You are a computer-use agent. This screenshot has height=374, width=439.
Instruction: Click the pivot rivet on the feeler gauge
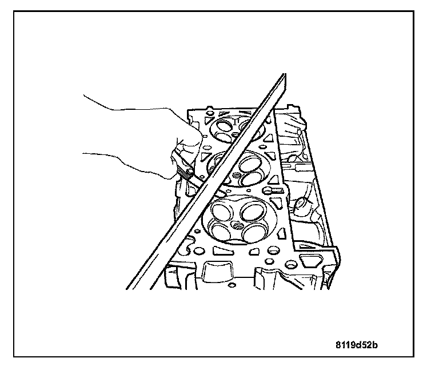click(x=183, y=170)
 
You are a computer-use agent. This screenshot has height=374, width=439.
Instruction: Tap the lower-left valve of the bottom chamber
click(x=220, y=230)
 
